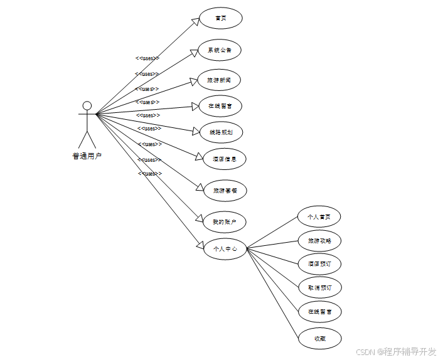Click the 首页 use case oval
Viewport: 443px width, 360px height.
[220, 18]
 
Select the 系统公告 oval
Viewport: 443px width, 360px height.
[220, 50]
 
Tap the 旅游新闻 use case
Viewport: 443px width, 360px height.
[220, 80]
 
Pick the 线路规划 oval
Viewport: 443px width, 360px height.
[221, 132]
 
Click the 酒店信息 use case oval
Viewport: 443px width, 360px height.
[225, 159]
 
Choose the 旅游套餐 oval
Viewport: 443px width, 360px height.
[225, 190]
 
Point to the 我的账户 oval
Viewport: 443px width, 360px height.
[225, 221]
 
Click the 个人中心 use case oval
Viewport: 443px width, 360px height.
[225, 249]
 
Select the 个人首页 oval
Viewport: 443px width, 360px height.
[319, 217]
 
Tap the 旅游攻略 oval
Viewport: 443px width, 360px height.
[319, 241]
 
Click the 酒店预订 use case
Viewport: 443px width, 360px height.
[319, 264]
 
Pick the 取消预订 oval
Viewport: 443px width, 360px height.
[319, 287]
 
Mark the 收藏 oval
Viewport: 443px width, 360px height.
[319, 339]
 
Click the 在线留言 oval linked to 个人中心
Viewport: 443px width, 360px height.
[319, 311]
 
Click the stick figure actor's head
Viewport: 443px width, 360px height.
[87, 105]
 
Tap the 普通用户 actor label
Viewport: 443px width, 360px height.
[87, 156]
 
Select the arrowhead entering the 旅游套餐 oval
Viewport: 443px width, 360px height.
[200, 188]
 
